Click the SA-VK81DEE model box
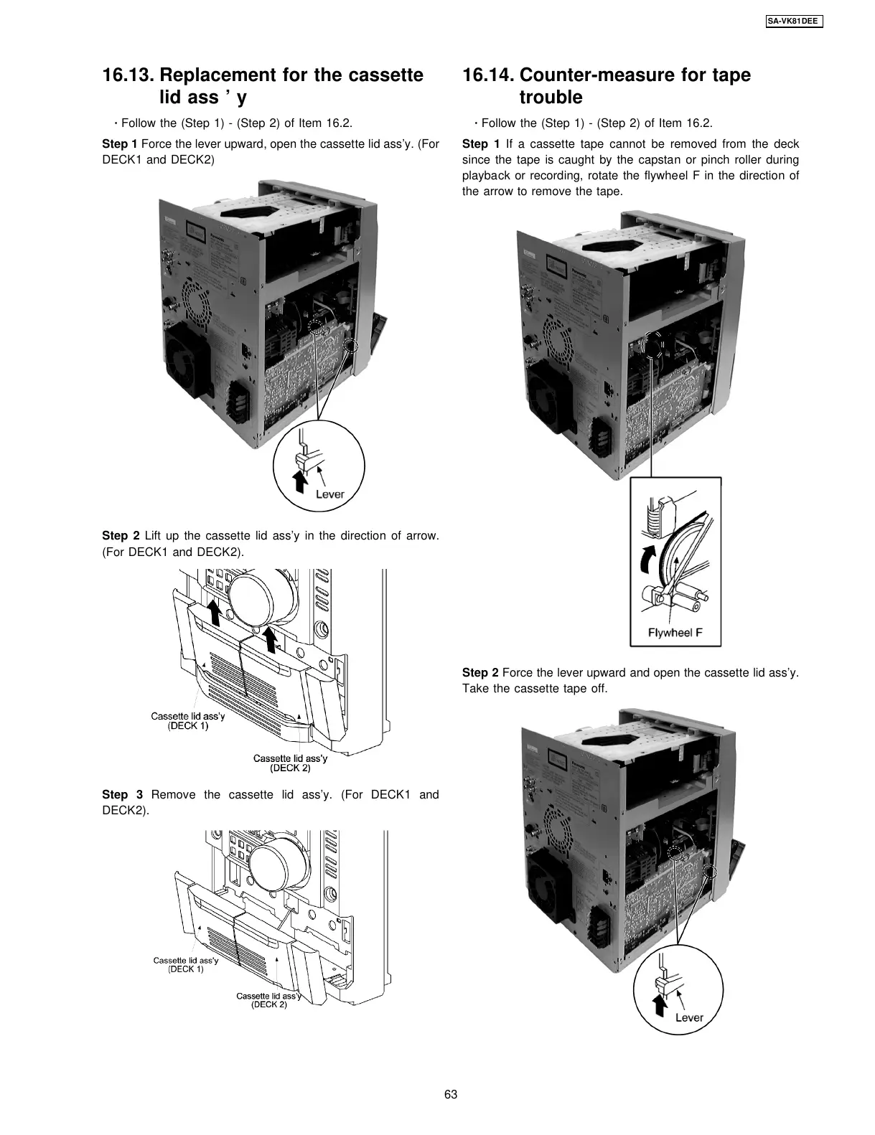(x=788, y=21)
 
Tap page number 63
(x=450, y=1094)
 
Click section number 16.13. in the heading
(x=128, y=75)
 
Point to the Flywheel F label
(x=675, y=633)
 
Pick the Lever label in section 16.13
(x=330, y=494)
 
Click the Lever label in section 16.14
(x=689, y=1017)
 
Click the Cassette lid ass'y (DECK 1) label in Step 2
(x=187, y=720)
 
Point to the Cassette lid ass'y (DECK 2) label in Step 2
(x=290, y=763)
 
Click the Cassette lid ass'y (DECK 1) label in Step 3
(x=186, y=964)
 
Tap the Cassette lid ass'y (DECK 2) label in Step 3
(x=269, y=999)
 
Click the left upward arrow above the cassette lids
(x=214, y=611)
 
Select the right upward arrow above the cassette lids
(x=271, y=639)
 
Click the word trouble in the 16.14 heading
(x=551, y=97)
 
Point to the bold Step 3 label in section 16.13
(x=123, y=794)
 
